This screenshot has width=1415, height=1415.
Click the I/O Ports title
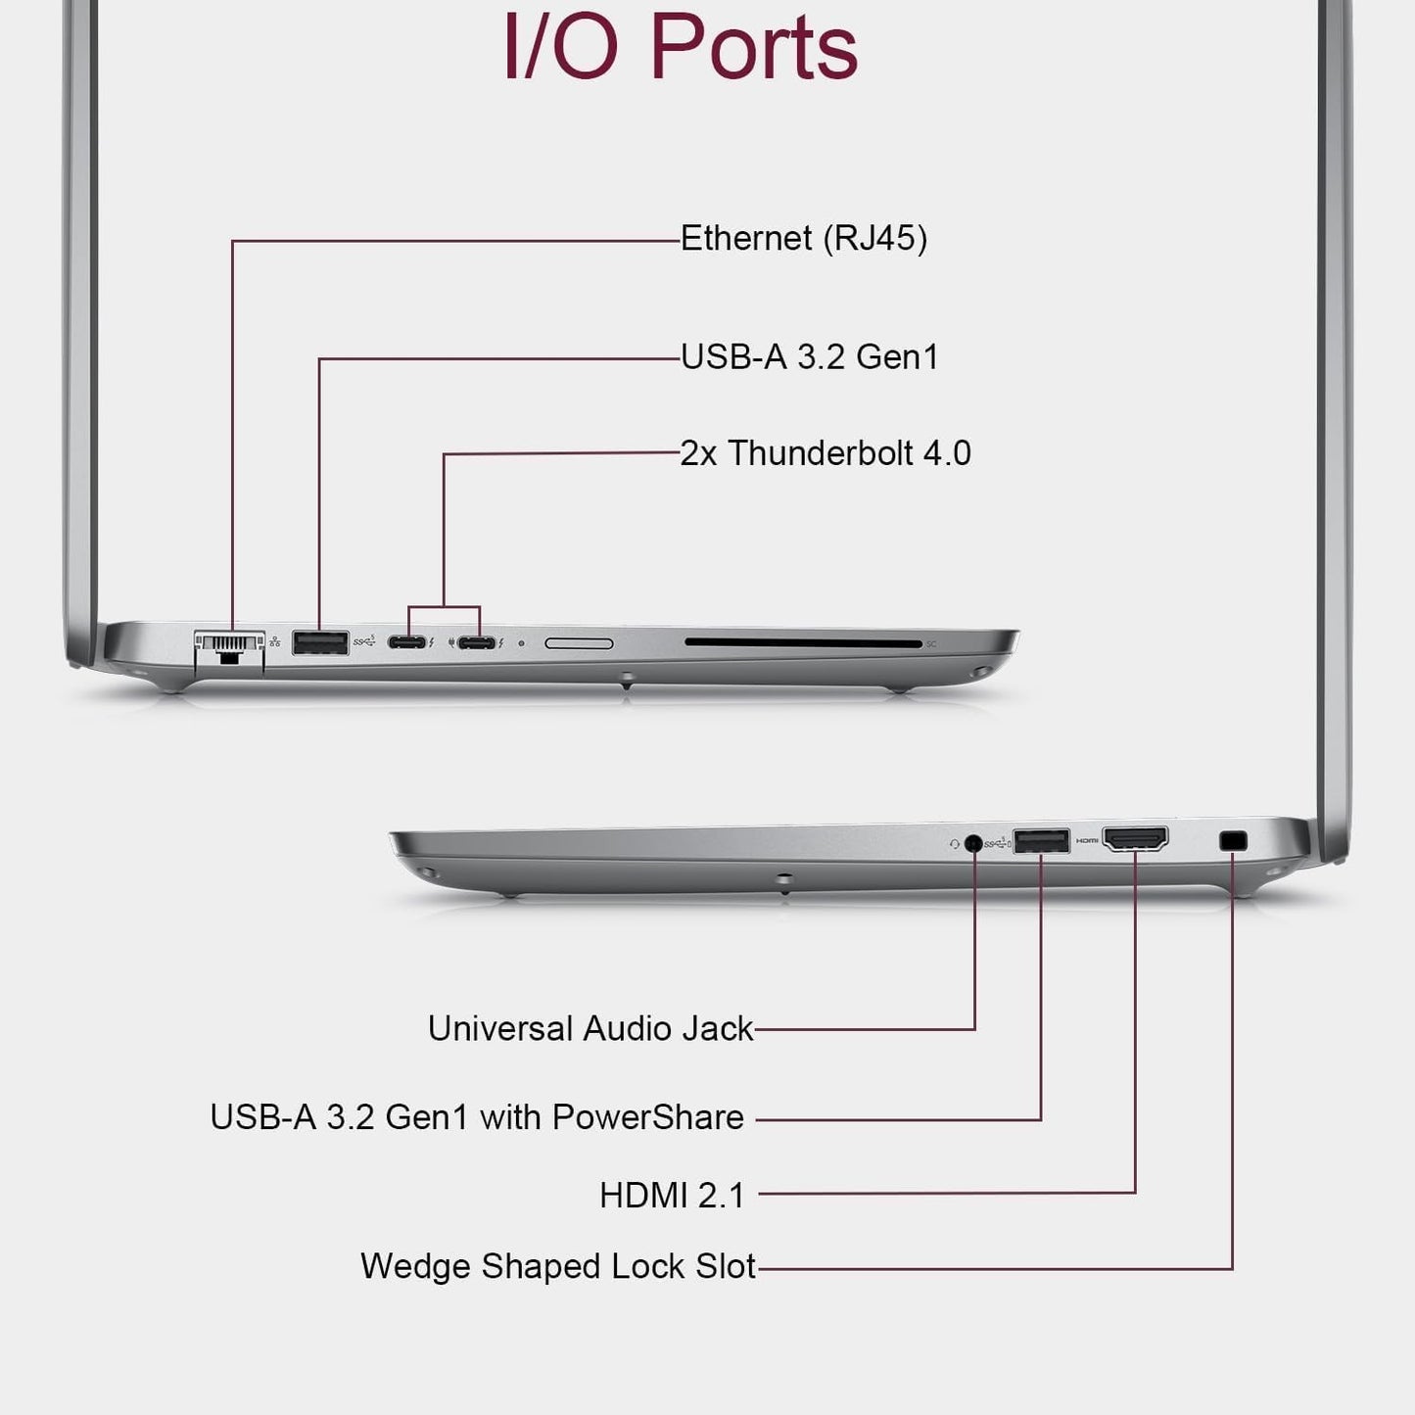tap(681, 47)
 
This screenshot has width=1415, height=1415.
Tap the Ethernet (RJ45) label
tap(803, 238)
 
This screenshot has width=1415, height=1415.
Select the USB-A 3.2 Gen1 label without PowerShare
tap(809, 356)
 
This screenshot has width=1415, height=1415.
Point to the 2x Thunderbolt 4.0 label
tap(825, 453)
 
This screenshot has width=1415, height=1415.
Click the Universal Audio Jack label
tap(590, 1028)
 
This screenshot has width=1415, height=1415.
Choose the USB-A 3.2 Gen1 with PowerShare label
tap(477, 1117)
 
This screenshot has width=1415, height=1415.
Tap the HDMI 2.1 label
tap(672, 1195)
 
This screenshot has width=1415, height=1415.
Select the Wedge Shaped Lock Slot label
tap(558, 1266)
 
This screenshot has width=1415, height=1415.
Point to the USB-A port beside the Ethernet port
tap(320, 643)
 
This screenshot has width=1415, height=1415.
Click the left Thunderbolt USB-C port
tap(406, 643)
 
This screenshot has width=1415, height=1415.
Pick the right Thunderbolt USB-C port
tap(477, 643)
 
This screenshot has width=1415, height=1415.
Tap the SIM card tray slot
tap(579, 643)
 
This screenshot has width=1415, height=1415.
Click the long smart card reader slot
tap(803, 644)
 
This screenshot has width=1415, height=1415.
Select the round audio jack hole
tap(973, 842)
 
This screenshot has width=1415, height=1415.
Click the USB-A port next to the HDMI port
tap(1041, 840)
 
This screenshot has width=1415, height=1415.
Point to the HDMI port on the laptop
tap(1135, 839)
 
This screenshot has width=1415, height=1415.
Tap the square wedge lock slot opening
tap(1233, 840)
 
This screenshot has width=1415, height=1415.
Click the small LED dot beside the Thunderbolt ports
tap(521, 643)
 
